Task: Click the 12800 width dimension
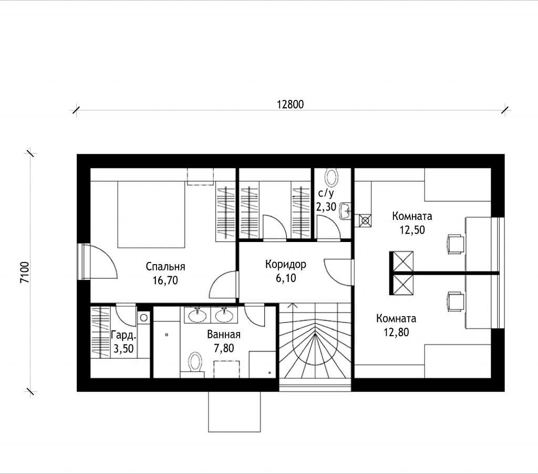click(290, 104)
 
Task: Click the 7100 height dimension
click(25, 273)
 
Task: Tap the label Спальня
click(165, 267)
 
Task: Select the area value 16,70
click(165, 280)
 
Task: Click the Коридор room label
click(285, 265)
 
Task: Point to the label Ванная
click(224, 335)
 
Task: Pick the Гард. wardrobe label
click(124, 335)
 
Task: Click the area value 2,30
click(326, 207)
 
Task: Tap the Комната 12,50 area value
click(412, 230)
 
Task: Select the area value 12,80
click(396, 332)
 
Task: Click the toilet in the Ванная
click(194, 362)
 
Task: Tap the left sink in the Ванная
click(198, 315)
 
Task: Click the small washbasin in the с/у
click(345, 210)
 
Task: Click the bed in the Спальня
click(151, 215)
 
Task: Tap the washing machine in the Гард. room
click(144, 317)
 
